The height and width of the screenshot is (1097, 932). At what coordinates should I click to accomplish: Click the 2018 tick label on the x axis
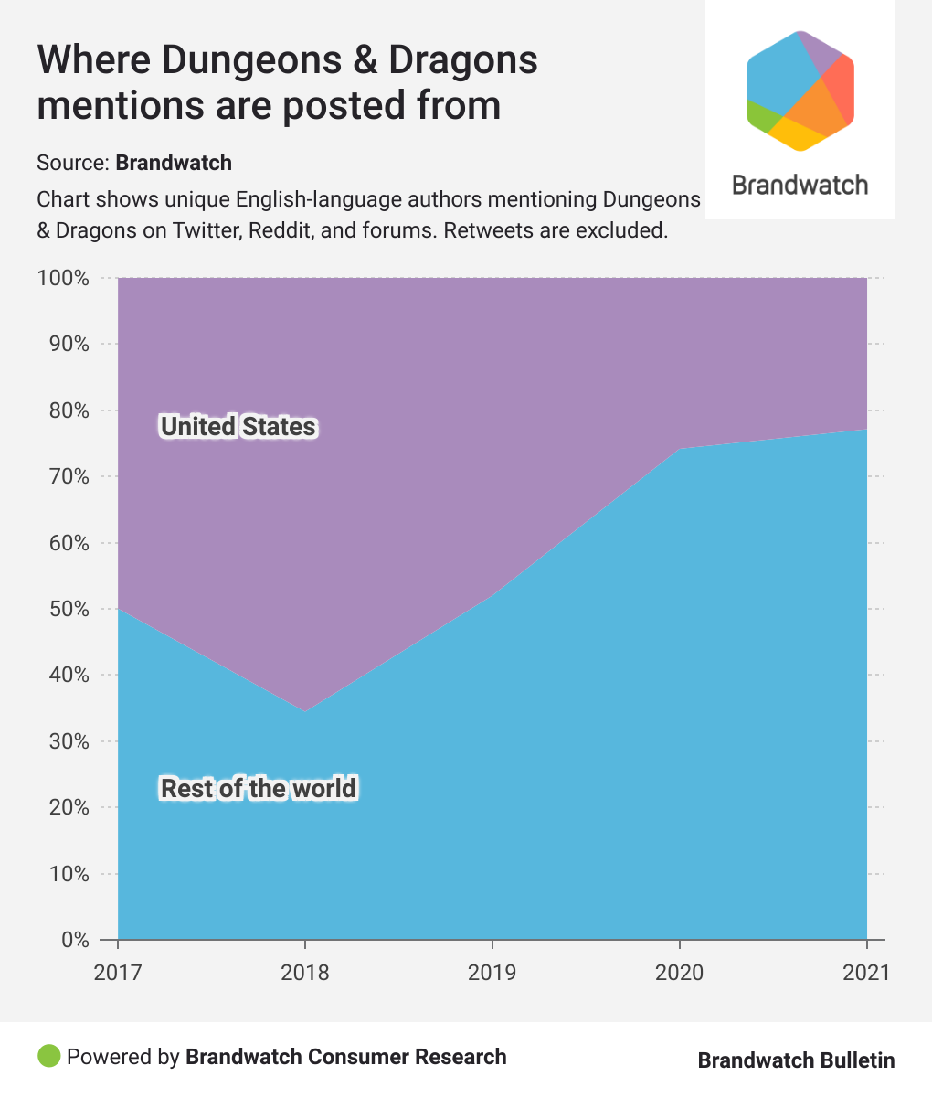click(x=305, y=972)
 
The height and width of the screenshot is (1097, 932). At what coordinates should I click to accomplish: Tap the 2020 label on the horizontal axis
click(x=679, y=972)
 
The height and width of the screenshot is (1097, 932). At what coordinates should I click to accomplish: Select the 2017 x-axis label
click(x=118, y=972)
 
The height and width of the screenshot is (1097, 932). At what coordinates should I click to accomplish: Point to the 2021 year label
click(x=864, y=972)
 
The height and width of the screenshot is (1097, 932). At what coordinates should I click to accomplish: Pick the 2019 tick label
click(x=492, y=972)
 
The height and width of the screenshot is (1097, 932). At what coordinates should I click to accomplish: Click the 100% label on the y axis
click(x=63, y=278)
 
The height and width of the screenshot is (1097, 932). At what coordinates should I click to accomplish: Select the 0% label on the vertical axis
click(x=73, y=940)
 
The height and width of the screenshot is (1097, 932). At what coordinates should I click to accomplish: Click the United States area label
click(x=238, y=427)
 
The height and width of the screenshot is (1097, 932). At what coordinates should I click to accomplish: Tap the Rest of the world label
click(x=259, y=788)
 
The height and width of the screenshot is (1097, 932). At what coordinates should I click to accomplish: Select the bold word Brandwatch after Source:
click(x=174, y=164)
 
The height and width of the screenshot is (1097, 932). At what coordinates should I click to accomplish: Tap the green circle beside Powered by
click(x=48, y=1057)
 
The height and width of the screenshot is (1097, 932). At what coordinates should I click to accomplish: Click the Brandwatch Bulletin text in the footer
click(x=796, y=1060)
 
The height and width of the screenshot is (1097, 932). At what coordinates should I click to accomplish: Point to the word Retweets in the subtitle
click(x=488, y=230)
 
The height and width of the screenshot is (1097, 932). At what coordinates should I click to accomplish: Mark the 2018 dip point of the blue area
click(x=305, y=710)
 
